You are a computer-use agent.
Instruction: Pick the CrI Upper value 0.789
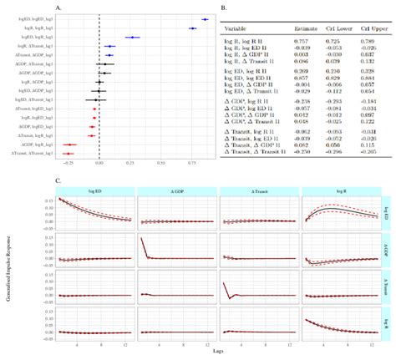pos(364,39)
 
